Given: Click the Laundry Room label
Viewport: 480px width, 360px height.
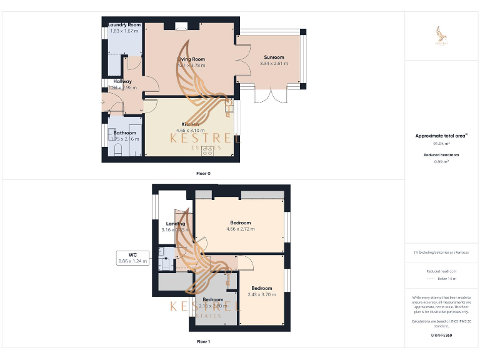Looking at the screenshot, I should (x=124, y=25).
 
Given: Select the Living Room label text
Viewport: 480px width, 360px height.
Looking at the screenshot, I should (x=191, y=59).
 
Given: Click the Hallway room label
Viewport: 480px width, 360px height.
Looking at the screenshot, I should (x=122, y=81).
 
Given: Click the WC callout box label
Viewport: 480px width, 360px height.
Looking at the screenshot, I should (x=132, y=254).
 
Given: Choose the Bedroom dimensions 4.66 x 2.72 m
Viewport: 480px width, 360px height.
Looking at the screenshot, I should (x=240, y=229).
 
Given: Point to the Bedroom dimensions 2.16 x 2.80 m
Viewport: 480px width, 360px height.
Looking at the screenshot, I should (x=212, y=306).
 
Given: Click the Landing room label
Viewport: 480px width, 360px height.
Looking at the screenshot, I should (x=175, y=224).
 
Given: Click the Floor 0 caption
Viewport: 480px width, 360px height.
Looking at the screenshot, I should (x=204, y=172).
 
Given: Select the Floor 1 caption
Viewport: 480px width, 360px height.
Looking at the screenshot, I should (x=204, y=342).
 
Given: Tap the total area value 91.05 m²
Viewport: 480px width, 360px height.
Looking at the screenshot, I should (x=441, y=144).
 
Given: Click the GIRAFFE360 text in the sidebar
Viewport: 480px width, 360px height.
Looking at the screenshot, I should (x=441, y=336).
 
